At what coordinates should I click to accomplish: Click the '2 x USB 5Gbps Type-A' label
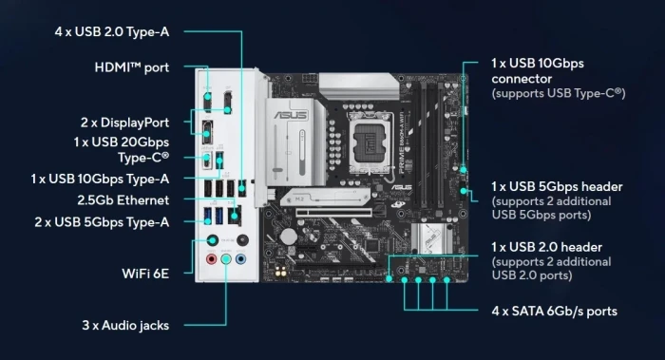(x=101, y=221)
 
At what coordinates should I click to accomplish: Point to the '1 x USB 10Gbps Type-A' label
(x=100, y=179)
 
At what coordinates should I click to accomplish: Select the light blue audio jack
(x=227, y=257)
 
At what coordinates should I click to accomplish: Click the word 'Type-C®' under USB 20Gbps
(x=143, y=157)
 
